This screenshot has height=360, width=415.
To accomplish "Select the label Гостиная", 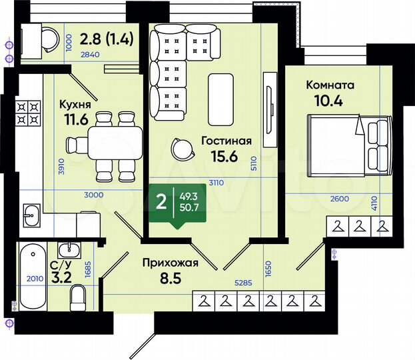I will (226, 141).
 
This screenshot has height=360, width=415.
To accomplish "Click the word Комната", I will (330, 85).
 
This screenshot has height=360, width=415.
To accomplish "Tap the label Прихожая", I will (171, 263).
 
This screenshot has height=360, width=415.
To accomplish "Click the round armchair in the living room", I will (181, 148).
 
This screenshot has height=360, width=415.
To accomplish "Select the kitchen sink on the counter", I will (30, 214).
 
